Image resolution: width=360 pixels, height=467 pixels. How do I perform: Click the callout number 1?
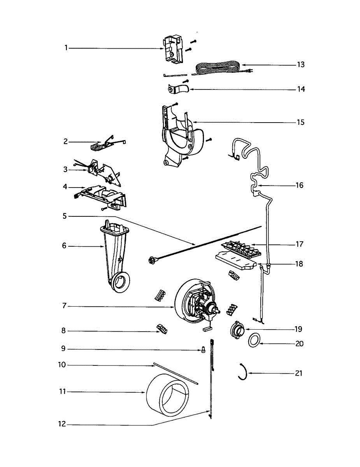click(x=66, y=48)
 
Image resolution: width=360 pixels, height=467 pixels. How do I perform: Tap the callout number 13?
click(x=300, y=65)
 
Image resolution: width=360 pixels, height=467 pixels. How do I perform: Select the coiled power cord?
click(x=218, y=68)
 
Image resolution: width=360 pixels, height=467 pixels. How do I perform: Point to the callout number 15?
click(x=300, y=123)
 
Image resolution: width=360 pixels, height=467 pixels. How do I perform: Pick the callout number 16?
click(x=299, y=185)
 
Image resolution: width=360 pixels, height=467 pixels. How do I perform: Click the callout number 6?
click(x=64, y=246)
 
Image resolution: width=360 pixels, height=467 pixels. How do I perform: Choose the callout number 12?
click(x=62, y=424)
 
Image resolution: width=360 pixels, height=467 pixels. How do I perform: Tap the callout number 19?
click(x=298, y=329)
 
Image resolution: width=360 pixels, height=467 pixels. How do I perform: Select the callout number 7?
click(x=64, y=306)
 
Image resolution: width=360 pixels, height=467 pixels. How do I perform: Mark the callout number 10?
click(x=62, y=365)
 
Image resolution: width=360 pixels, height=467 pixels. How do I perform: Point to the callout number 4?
click(x=65, y=187)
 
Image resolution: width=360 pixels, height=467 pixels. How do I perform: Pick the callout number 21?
click(x=299, y=374)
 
